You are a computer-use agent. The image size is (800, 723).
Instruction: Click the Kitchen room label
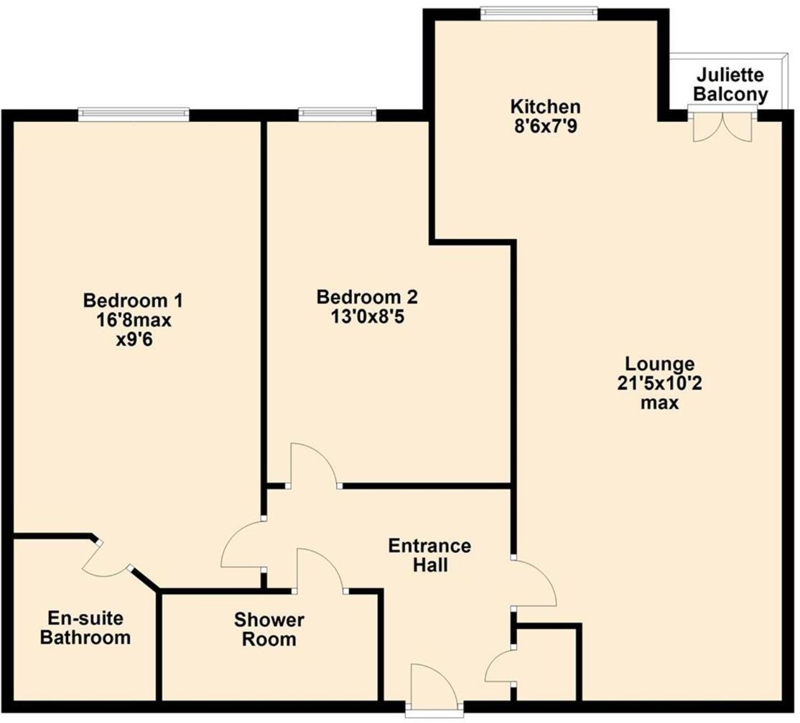544,107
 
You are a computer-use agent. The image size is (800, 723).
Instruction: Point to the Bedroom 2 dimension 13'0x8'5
367,316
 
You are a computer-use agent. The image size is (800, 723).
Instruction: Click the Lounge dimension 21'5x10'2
660,383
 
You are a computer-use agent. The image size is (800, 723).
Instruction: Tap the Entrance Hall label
430,555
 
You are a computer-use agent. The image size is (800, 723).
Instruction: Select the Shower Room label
269,629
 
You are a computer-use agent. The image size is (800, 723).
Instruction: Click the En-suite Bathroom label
85,628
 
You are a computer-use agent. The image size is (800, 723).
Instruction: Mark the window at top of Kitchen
539,11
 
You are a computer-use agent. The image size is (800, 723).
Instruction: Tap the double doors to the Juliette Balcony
722,123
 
